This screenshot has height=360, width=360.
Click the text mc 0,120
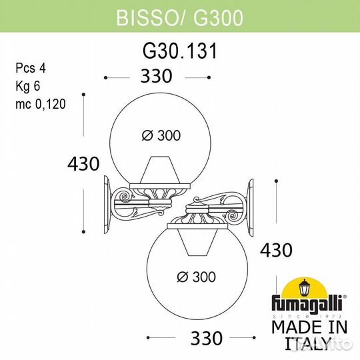coord(39,105)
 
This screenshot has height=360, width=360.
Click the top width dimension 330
coord(159,77)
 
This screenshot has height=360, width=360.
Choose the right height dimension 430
coord(276,250)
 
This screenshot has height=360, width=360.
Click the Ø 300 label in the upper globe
coord(161,135)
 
